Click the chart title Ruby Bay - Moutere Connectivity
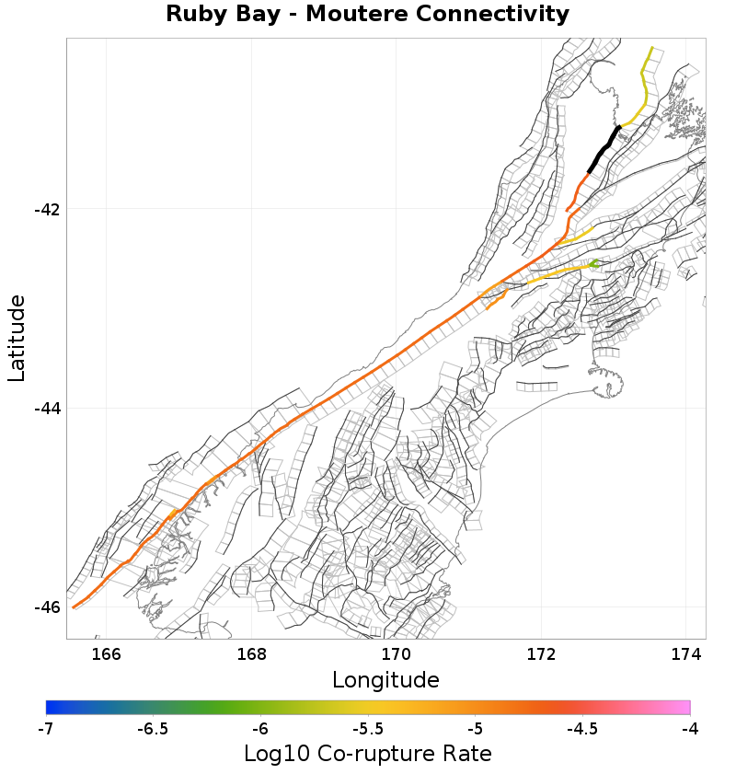tap(367, 15)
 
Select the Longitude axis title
tap(385, 680)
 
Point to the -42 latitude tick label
tap(46, 209)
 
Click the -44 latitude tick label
tap(46, 408)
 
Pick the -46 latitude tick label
tap(46, 607)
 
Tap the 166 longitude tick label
tap(107, 654)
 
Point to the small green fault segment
tap(594, 264)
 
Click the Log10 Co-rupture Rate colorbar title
tap(367, 754)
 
